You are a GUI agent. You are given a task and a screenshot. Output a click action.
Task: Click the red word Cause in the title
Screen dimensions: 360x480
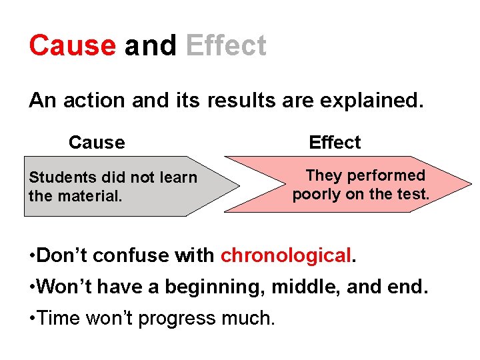click(72, 46)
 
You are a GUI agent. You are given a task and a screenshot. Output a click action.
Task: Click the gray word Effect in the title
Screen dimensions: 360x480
click(226, 46)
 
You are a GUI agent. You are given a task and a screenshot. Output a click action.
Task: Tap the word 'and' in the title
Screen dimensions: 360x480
click(150, 46)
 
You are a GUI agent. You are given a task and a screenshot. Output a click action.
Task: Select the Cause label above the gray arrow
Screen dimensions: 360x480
click(97, 143)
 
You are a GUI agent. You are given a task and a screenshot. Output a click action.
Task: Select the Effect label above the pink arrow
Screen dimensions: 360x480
click(335, 143)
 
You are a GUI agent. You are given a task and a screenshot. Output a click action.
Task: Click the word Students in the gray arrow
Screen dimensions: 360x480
click(63, 177)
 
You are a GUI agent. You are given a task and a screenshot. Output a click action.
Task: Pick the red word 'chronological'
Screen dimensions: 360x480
click(285, 255)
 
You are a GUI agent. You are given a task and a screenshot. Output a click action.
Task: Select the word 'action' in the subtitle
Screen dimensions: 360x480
click(93, 101)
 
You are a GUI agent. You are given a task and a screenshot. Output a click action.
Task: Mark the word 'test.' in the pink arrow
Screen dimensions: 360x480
click(411, 195)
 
